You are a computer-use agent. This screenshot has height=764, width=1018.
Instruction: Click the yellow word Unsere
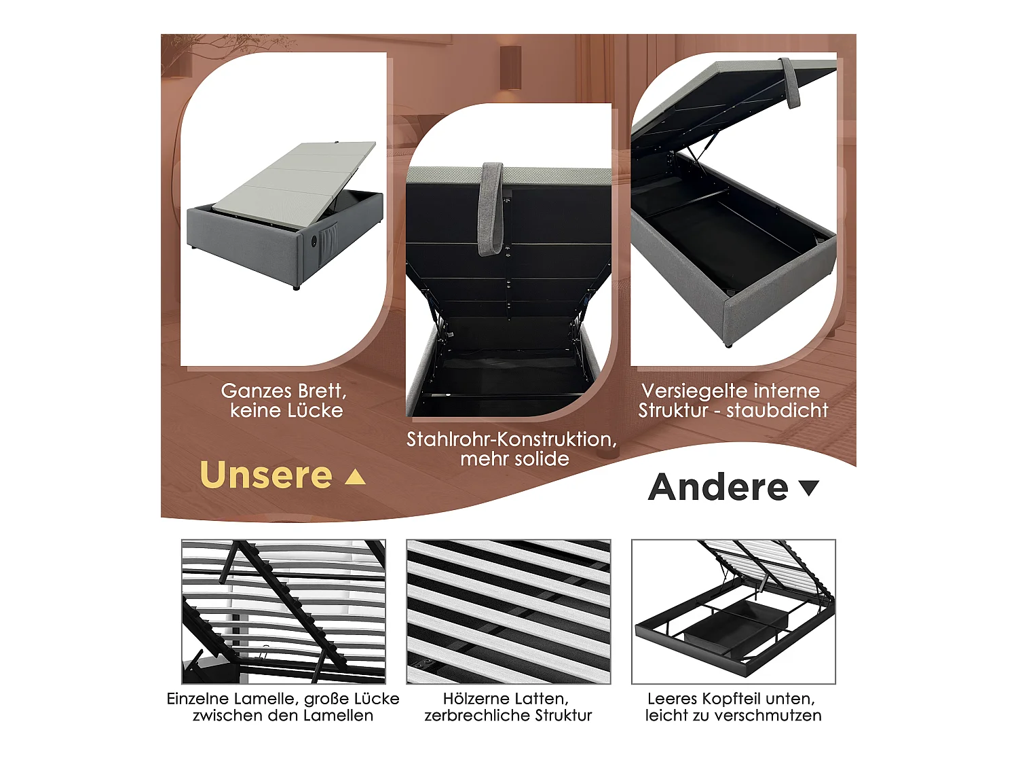click(266, 475)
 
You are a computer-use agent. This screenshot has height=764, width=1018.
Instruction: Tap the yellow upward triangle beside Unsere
click(355, 477)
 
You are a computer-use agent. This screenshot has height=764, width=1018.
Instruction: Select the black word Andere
click(718, 488)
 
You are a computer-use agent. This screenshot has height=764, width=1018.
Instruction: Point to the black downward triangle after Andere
click(809, 488)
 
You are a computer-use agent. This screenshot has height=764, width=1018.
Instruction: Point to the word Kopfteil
click(730, 699)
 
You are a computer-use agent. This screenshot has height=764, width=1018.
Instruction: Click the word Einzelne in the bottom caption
click(197, 699)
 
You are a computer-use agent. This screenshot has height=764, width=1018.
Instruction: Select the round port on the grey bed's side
click(313, 241)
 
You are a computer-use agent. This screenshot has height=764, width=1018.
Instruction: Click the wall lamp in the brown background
click(510, 68)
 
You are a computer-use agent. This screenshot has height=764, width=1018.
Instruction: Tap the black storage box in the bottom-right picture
click(734, 625)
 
